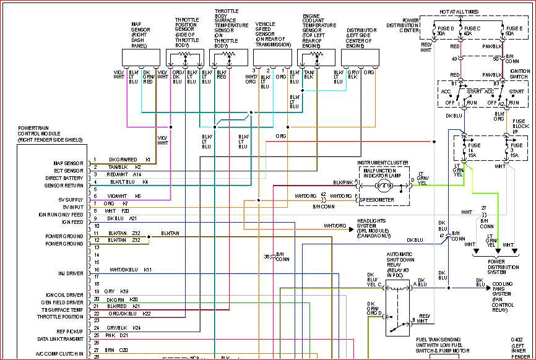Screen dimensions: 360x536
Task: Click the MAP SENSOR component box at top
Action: pos(141,57)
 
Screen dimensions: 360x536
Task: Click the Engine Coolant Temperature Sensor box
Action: pos(316,57)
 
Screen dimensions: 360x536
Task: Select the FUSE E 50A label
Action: pos(514,30)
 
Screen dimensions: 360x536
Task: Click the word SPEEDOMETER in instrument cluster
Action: pos(378,200)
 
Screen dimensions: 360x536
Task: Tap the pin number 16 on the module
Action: pos(97,270)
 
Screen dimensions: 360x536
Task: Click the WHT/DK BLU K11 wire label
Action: pos(130,270)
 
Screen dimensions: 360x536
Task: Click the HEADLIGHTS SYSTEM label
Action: pos(374,227)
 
